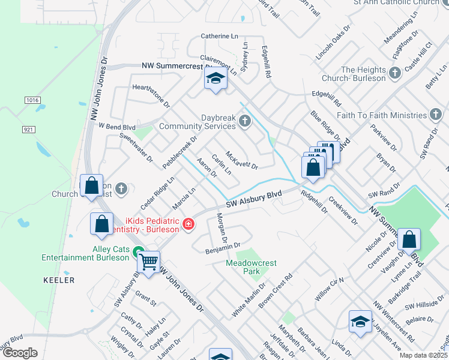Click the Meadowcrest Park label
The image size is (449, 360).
coord(246,267)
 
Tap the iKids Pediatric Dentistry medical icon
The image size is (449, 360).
coord(188,224)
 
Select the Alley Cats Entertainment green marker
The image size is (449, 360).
coord(138,252)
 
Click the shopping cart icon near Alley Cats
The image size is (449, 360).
coord(148,261)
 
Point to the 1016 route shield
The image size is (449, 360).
coord(32,100)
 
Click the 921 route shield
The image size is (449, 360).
coord(29,129)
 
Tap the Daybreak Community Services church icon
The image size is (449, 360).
coord(244,122)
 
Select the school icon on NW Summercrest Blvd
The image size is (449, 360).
coord(215,79)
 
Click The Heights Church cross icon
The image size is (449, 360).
coord(395,74)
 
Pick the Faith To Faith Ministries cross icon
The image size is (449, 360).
coord(436,115)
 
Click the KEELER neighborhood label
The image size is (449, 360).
coord(59,280)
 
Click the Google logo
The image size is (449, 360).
coord(20,353)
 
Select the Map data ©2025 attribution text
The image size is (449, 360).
coord(423,356)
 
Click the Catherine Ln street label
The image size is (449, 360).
coord(220,36)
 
